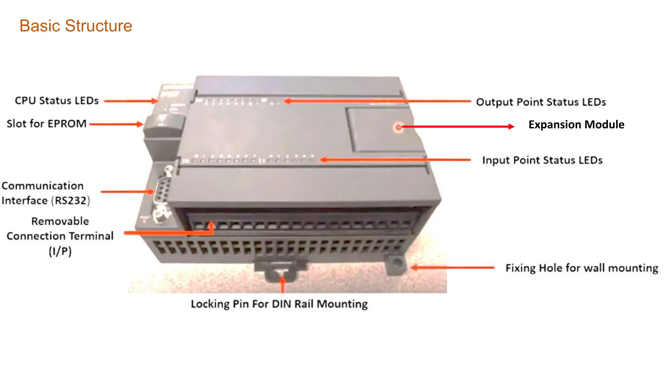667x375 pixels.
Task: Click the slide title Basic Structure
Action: [76, 26]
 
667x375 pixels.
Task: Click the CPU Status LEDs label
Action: [57, 101]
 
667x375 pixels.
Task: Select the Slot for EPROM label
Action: [47, 124]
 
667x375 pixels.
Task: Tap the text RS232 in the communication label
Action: [70, 201]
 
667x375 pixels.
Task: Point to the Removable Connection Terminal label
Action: [60, 236]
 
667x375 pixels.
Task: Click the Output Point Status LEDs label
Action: [541, 102]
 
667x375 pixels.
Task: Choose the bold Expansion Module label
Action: [576, 125]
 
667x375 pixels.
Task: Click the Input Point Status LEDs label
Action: [542, 160]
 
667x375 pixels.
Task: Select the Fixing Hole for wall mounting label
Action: [582, 268]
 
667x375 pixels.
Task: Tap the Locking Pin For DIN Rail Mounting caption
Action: [279, 304]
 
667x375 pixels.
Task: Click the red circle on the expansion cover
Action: [398, 127]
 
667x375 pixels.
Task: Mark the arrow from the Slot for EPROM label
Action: [116, 124]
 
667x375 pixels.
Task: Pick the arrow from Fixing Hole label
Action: [453, 268]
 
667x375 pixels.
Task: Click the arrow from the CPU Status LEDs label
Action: [130, 101]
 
